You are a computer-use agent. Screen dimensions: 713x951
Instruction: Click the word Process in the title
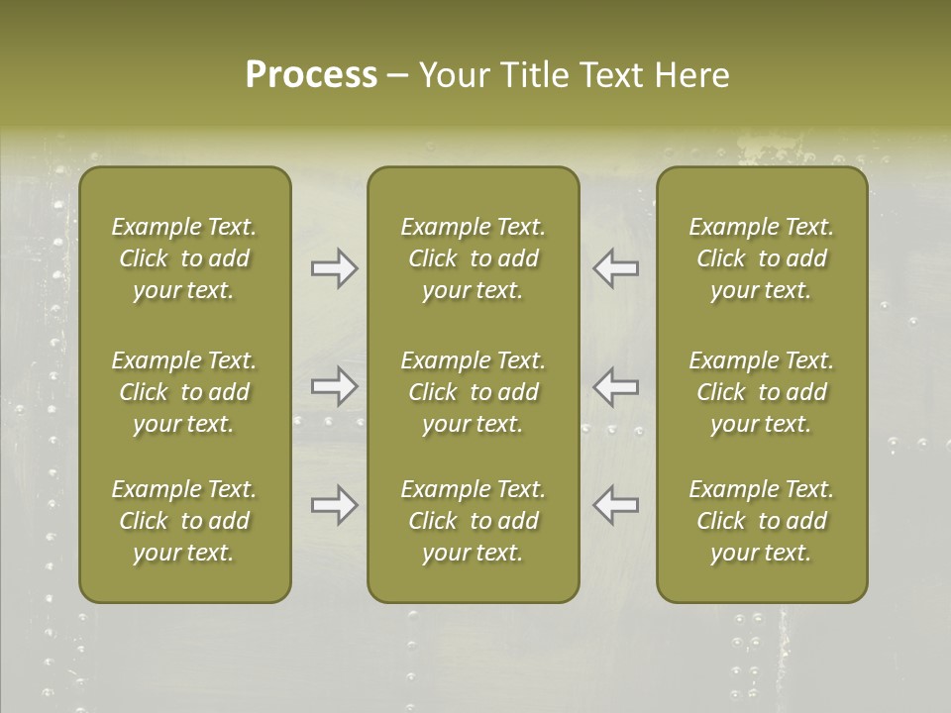(311, 75)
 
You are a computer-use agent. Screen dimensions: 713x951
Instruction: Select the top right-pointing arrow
(334, 268)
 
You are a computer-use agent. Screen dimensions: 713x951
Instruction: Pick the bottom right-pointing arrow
(334, 505)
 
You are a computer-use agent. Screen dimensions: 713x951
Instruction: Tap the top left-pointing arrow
(616, 268)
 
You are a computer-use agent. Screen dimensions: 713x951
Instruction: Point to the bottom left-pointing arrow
(616, 505)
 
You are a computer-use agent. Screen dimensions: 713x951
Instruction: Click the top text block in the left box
(184, 258)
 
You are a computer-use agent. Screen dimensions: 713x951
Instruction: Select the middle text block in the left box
(184, 392)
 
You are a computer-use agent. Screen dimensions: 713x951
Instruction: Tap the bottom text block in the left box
(184, 521)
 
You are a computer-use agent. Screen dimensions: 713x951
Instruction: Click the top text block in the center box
(473, 258)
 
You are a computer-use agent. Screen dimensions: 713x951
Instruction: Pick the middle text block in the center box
(473, 392)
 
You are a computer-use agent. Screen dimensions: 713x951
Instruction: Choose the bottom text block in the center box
(473, 521)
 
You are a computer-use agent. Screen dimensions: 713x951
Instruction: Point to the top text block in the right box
(762, 258)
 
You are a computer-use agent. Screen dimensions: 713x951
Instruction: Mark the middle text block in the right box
(762, 392)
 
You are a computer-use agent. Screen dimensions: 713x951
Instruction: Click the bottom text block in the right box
(762, 521)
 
